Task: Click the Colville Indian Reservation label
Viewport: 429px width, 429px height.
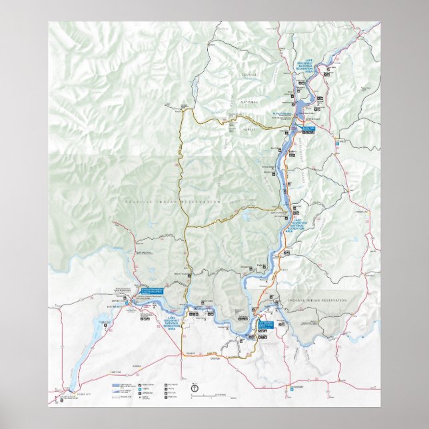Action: pyautogui.click(x=173, y=201)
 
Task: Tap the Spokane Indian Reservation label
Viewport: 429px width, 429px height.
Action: pyautogui.click(x=318, y=301)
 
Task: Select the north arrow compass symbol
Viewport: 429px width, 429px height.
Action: pyautogui.click(x=194, y=386)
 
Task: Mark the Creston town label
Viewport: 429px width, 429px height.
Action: pyautogui.click(x=234, y=360)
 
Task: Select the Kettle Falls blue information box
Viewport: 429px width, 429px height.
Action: pyautogui.click(x=307, y=128)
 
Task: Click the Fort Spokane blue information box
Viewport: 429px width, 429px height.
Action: pyautogui.click(x=266, y=324)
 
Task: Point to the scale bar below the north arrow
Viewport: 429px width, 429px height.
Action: pyautogui.click(x=207, y=396)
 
